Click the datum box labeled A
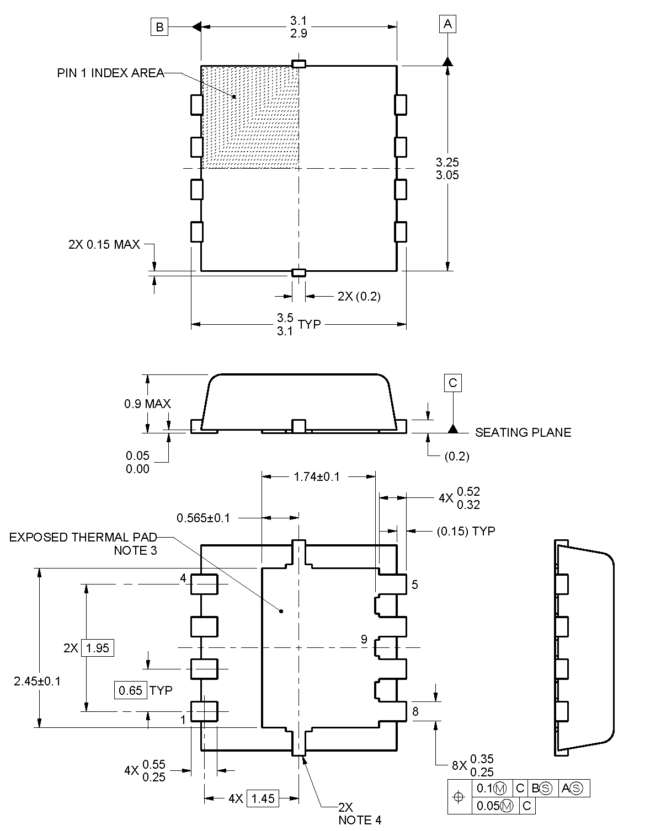pyautogui.click(x=447, y=24)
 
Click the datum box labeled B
pyautogui.click(x=159, y=27)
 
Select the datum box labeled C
pyautogui.click(x=453, y=383)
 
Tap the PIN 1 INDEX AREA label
pyautogui.click(x=110, y=73)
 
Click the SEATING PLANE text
pyautogui.click(x=523, y=432)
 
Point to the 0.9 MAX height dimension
pyautogui.click(x=147, y=404)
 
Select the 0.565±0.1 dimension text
pyautogui.click(x=203, y=518)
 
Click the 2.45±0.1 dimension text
pyautogui.click(x=38, y=681)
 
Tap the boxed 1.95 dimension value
pyautogui.click(x=98, y=648)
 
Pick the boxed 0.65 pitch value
pyautogui.click(x=131, y=690)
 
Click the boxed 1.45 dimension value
pyautogui.click(x=263, y=798)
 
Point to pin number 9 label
pyautogui.click(x=364, y=640)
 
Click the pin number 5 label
pyautogui.click(x=415, y=585)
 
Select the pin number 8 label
pyautogui.click(x=415, y=711)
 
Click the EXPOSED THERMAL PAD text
pyautogui.click(x=83, y=537)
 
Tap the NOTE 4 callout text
pyautogui.click(x=360, y=820)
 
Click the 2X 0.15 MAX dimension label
pyautogui.click(x=104, y=244)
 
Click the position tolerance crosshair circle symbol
pyautogui.click(x=459, y=796)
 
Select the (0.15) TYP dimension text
pyautogui.click(x=466, y=531)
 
